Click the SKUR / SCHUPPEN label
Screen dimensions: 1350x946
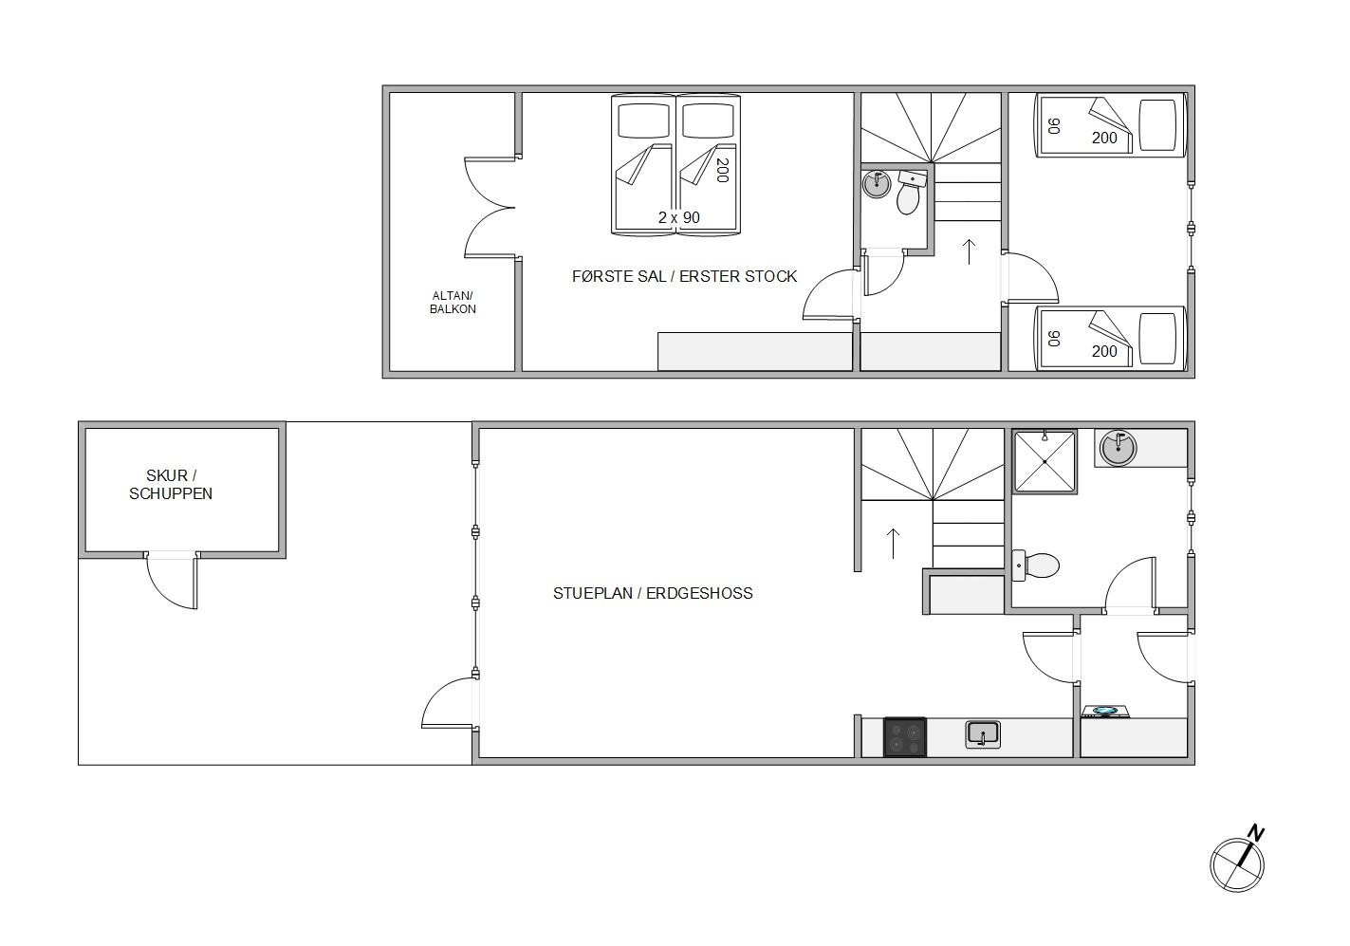pyautogui.click(x=171, y=484)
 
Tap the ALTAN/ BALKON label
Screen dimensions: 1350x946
pyautogui.click(x=453, y=302)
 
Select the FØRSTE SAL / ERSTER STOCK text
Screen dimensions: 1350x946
pyautogui.click(x=684, y=276)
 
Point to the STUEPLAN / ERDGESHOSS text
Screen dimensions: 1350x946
pyautogui.click(x=653, y=593)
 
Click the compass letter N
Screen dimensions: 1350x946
pyautogui.click(x=1255, y=834)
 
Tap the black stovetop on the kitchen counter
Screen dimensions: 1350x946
pyautogui.click(x=905, y=737)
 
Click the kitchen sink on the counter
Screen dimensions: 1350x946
pyautogui.click(x=983, y=734)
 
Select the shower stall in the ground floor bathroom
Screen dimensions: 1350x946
pyautogui.click(x=1045, y=461)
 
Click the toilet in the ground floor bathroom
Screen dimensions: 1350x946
pyautogui.click(x=1035, y=566)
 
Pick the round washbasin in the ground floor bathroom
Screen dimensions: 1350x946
pyautogui.click(x=1118, y=448)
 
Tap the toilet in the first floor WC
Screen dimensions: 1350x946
pyautogui.click(x=910, y=193)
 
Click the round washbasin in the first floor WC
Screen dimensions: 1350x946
pyautogui.click(x=877, y=184)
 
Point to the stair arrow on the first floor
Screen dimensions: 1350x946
pyautogui.click(x=969, y=251)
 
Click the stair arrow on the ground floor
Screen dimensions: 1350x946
pyautogui.click(x=893, y=544)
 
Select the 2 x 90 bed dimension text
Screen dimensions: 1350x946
pyautogui.click(x=679, y=217)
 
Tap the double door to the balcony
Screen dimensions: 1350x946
pyautogui.click(x=490, y=208)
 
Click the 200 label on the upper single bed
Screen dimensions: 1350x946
pyautogui.click(x=1104, y=139)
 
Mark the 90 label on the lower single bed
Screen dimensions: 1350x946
pyautogui.click(x=1053, y=339)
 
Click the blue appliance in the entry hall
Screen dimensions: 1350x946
pyautogui.click(x=1105, y=712)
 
